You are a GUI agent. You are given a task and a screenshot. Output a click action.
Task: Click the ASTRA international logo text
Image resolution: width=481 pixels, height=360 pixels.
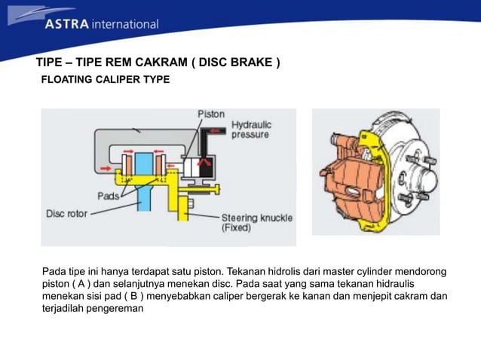[x=101, y=23]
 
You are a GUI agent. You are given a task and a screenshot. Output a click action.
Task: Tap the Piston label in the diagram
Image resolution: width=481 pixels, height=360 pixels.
[x=210, y=114]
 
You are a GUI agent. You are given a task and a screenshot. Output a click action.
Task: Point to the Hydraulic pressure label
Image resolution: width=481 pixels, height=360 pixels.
[x=251, y=130]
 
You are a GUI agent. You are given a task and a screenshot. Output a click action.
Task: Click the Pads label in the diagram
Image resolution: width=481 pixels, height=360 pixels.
[x=108, y=196]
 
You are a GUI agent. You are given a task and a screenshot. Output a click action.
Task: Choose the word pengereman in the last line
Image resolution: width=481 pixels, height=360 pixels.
[x=113, y=309]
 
